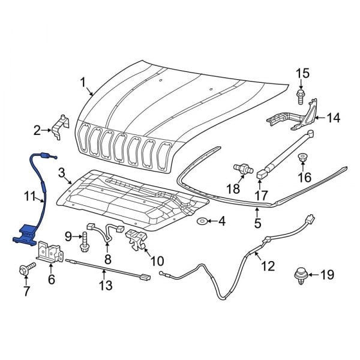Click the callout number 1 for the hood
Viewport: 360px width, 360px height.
tap(83, 82)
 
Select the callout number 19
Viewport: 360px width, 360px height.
tap(326, 275)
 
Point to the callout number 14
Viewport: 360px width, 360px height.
tap(333, 118)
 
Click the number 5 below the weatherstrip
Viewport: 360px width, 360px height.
tap(257, 226)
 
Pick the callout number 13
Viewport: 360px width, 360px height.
tap(105, 286)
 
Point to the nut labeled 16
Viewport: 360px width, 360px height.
tap(303, 158)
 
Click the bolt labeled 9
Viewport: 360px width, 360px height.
tap(84, 244)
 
